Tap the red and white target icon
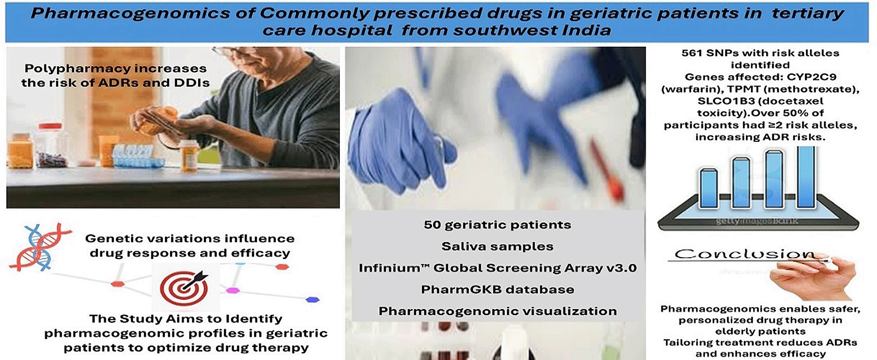[184, 288]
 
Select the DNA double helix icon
[38, 247]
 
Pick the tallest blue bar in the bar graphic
[806, 176]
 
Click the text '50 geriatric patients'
[497, 225]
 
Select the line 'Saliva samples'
[497, 246]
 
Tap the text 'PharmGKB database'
[497, 289]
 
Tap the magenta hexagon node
[232, 290]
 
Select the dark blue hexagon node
[312, 300]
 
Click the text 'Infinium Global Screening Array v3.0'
[497, 268]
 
